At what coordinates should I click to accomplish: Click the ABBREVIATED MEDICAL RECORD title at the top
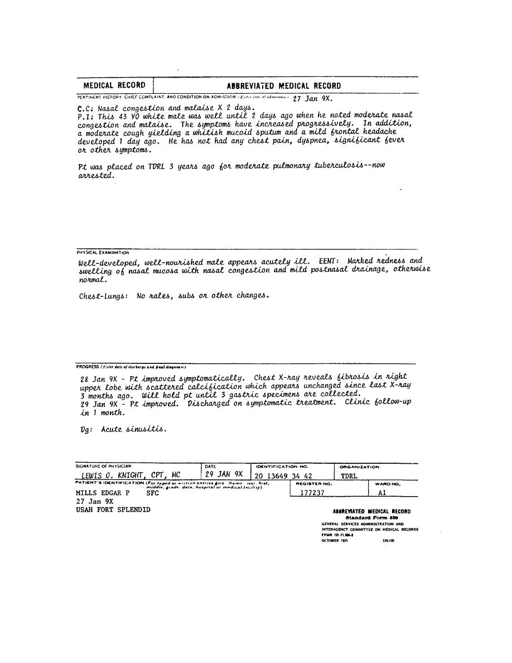283,86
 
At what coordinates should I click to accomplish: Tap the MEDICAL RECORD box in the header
114,85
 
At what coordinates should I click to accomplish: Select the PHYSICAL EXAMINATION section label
103,252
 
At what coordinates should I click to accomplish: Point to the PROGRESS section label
88,367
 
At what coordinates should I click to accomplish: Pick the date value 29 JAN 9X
224,474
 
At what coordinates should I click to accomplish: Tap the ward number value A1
381,493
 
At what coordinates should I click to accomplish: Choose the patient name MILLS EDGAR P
103,493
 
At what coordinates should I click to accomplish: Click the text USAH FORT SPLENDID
113,510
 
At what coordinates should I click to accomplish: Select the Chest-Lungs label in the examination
104,296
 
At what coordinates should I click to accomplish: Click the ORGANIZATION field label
360,467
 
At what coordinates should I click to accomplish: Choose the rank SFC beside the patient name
152,493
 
